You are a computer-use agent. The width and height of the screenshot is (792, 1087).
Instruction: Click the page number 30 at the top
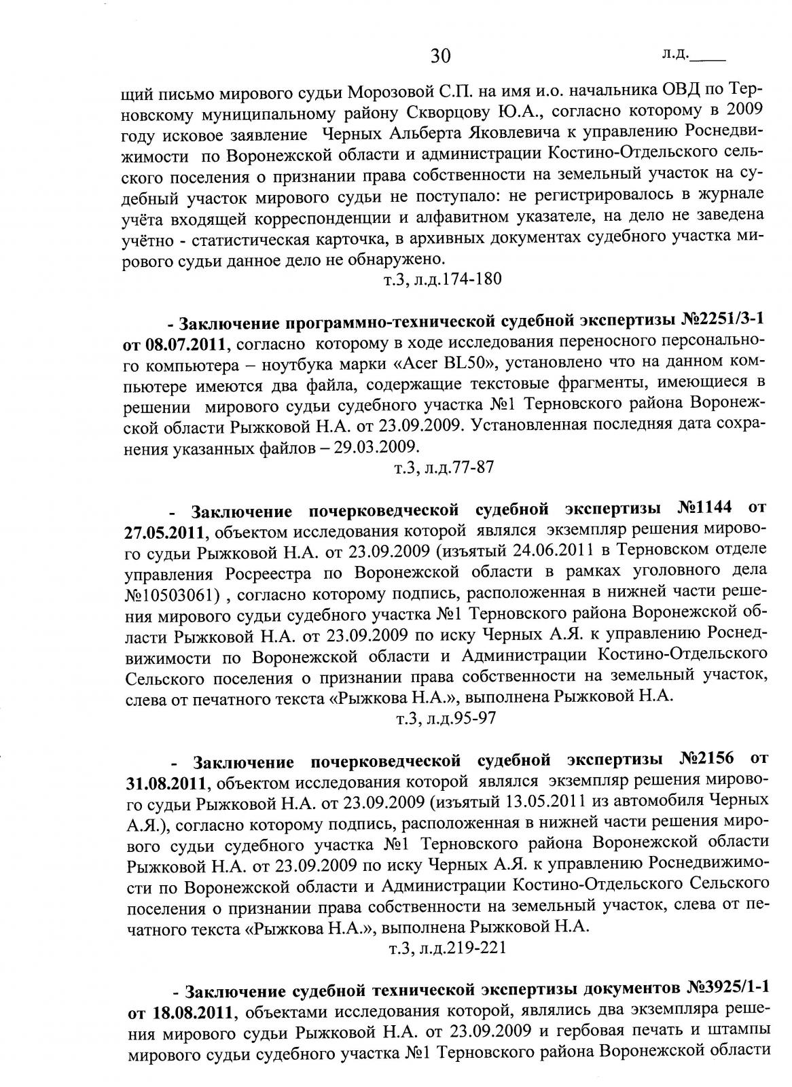pos(440,56)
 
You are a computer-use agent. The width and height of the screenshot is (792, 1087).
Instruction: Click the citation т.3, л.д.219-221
pos(447,948)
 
